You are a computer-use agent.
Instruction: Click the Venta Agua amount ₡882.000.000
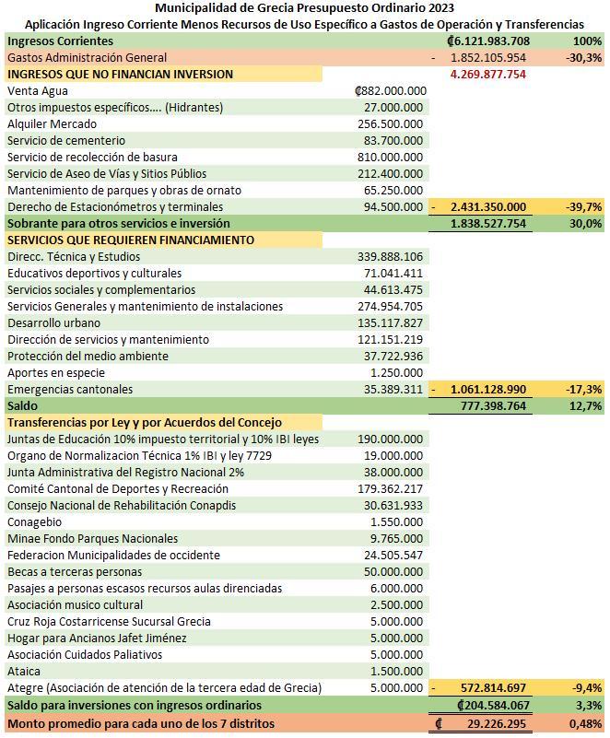(390, 91)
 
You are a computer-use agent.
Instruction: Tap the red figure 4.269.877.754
(488, 75)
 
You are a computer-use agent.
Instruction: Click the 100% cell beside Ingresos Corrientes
(587, 41)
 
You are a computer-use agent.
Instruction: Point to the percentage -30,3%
(584, 58)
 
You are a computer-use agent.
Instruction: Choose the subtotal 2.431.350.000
(488, 207)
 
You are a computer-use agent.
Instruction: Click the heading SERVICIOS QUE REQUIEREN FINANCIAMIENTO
(131, 240)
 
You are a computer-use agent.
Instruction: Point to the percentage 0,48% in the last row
(585, 723)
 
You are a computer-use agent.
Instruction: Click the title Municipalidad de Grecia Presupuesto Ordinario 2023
(304, 8)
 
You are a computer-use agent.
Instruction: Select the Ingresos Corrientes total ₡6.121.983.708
(487, 41)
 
